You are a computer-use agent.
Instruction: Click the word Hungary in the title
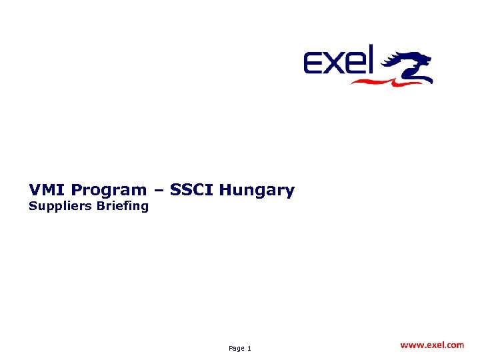pos(257,191)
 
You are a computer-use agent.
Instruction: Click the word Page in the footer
pos(236,349)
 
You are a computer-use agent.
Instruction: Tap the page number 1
pos(249,349)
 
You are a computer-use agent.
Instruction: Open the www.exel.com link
pos(432,345)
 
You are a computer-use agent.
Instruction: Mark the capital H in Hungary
pos(225,190)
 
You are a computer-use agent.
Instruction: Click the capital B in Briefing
pos(101,205)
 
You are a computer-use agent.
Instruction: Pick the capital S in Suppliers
pos(33,205)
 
